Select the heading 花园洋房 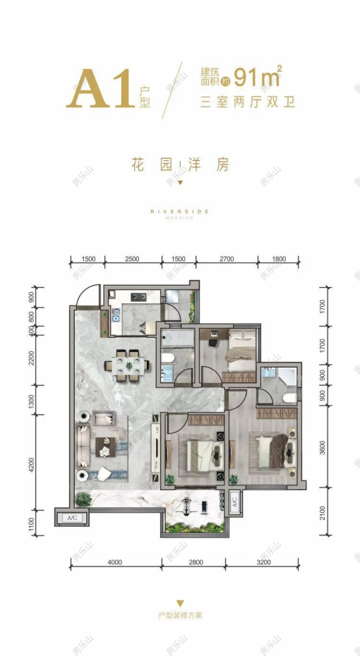[181, 165]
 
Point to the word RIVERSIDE [180, 210]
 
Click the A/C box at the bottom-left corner [72, 518]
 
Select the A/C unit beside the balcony [234, 502]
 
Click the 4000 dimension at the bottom [116, 562]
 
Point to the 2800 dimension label [196, 562]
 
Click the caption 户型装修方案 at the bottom [180, 615]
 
